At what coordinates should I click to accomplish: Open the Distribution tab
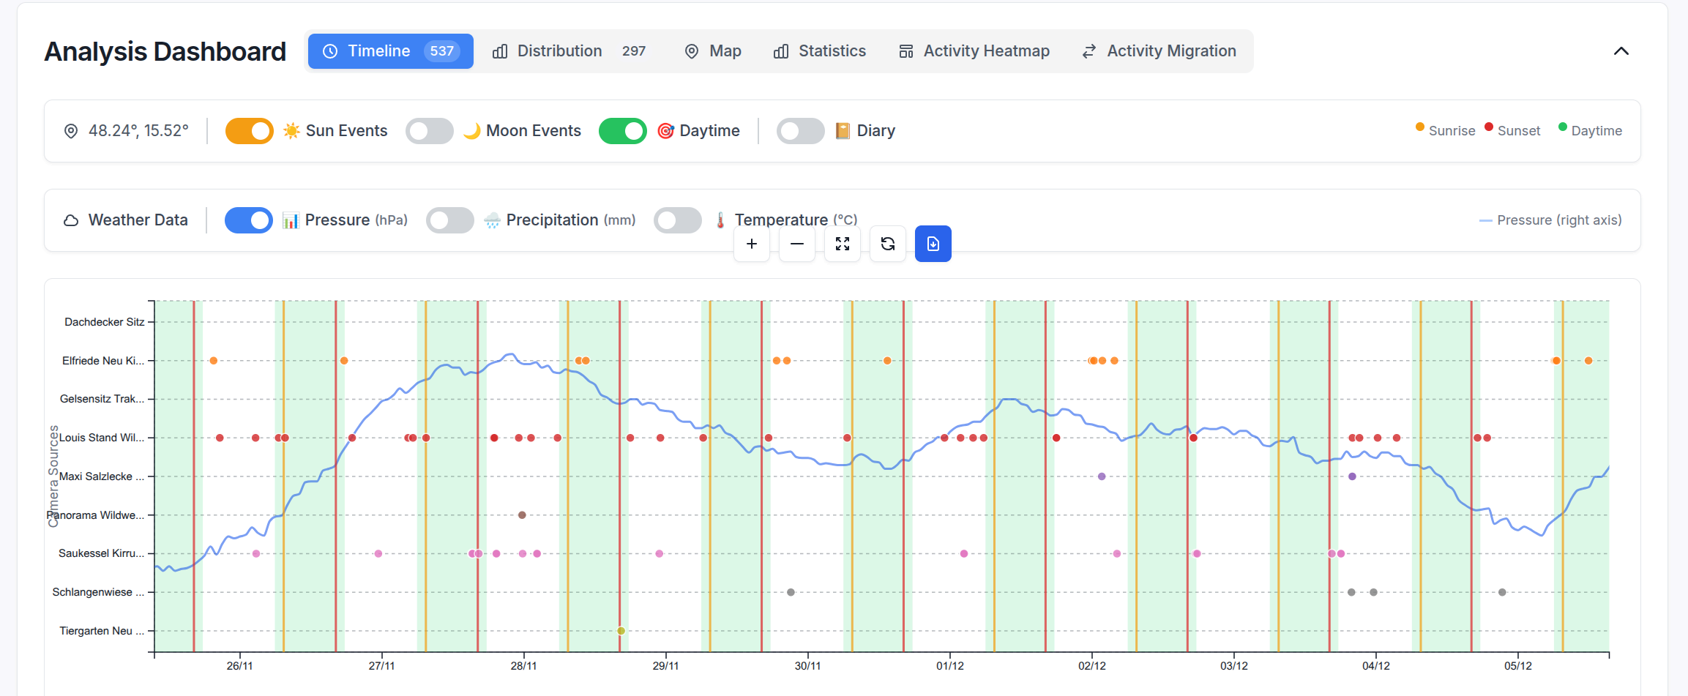559,51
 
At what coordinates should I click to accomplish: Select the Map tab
712,51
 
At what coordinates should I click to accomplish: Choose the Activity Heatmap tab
974,51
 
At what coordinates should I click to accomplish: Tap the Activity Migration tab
1159,51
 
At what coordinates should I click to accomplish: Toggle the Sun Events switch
250,131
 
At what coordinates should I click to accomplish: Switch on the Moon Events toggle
430,131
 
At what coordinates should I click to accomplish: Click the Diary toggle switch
800,131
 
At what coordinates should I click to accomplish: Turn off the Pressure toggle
249,220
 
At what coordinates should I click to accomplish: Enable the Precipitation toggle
450,220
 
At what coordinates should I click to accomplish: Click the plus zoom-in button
752,244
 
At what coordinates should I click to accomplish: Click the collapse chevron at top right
1621,51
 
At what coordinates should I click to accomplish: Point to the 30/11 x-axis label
807,666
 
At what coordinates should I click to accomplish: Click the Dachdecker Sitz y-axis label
104,322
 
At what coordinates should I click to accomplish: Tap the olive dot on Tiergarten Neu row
621,631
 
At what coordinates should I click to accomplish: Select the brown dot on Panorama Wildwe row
522,515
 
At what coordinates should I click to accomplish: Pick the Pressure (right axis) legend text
1558,220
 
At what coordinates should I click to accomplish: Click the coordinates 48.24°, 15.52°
138,131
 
